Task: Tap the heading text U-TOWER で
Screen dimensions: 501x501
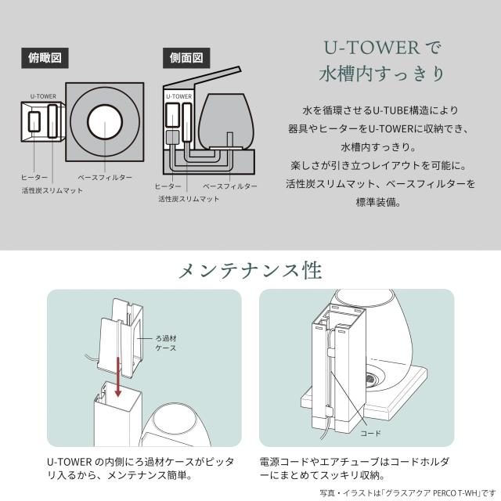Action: tap(384, 47)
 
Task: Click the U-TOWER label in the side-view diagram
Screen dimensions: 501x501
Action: tap(179, 96)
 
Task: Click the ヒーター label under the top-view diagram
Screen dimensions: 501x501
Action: tap(36, 178)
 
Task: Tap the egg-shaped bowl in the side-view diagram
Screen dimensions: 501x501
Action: tap(224, 117)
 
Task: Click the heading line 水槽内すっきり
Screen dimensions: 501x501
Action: tap(384, 74)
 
